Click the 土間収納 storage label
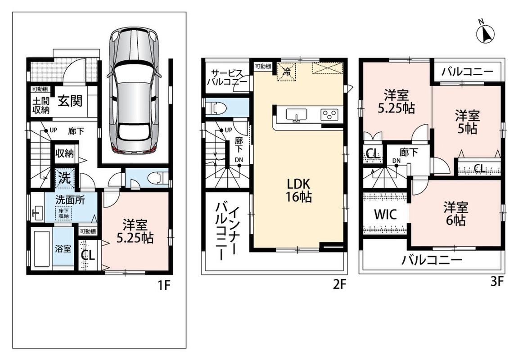tap(41, 105)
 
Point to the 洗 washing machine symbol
tap(64, 178)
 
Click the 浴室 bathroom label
tap(63, 248)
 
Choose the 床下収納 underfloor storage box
tap(63, 213)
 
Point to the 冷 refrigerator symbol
tap(287, 72)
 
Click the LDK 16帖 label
tap(298, 190)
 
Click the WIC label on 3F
tap(385, 215)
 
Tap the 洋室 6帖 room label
tap(455, 214)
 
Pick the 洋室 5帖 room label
tap(467, 122)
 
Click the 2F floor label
tap(339, 284)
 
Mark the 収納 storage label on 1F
tap(64, 153)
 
